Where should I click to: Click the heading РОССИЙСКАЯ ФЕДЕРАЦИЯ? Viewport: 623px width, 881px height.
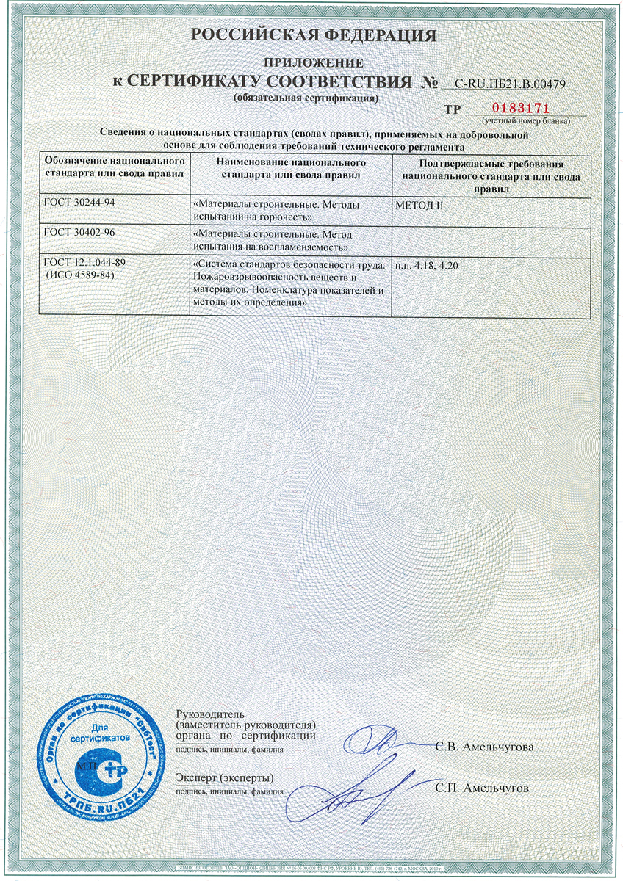point(314,35)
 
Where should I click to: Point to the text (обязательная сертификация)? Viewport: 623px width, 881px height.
point(306,98)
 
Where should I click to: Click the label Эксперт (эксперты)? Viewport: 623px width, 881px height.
point(225,777)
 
